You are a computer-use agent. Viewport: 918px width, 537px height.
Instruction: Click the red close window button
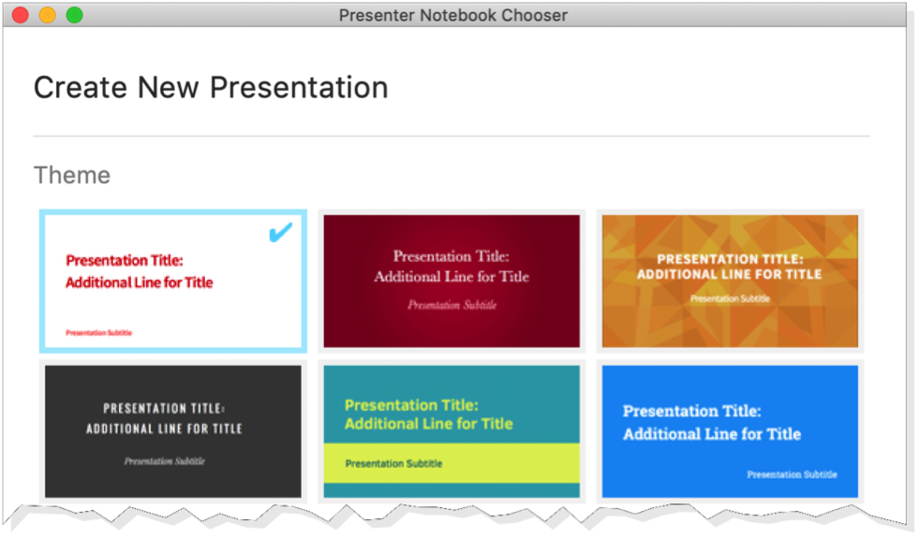(x=21, y=15)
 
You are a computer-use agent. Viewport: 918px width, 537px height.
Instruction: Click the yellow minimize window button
(x=48, y=15)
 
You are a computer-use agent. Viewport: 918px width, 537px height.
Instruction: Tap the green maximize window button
(x=74, y=15)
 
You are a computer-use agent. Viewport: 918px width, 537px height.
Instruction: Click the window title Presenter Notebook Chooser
(x=453, y=15)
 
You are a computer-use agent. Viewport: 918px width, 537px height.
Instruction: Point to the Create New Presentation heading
(x=211, y=88)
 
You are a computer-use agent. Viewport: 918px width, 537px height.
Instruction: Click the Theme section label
(x=72, y=175)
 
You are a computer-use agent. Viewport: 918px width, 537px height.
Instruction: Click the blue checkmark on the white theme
(x=280, y=232)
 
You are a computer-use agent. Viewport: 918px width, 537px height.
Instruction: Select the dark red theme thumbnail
(x=452, y=281)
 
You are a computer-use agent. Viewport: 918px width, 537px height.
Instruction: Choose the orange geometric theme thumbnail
(x=730, y=281)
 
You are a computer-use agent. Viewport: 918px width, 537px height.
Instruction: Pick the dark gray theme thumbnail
(x=173, y=431)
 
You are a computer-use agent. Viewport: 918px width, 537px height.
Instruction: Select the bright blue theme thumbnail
(x=730, y=431)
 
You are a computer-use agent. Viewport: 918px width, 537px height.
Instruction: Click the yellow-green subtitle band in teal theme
(x=452, y=463)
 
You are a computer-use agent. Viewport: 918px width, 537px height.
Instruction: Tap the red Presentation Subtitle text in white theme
(x=99, y=333)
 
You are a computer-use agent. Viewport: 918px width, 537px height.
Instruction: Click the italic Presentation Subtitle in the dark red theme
(x=452, y=305)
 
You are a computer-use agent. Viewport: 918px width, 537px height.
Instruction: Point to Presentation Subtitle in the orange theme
(x=730, y=299)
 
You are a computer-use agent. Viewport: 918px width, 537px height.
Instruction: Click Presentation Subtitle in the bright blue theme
(x=792, y=474)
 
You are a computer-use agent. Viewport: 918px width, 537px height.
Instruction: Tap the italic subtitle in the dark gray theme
(x=165, y=461)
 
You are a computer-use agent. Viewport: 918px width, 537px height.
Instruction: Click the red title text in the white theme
(x=140, y=271)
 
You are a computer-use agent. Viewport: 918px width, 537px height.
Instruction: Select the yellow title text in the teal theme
(x=429, y=414)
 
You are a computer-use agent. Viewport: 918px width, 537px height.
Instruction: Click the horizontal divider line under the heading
(x=452, y=137)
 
